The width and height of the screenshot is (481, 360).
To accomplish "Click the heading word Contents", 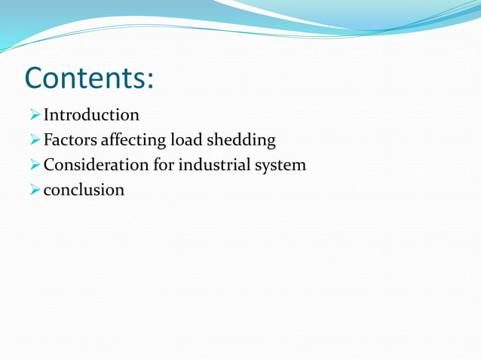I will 87,78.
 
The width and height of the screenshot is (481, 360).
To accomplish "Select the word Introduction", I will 91,115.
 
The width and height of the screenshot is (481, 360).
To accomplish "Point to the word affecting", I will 133,141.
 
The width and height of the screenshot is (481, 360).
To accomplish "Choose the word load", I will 186,140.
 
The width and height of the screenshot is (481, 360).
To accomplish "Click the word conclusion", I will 84,189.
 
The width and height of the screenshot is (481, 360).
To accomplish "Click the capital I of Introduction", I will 47,115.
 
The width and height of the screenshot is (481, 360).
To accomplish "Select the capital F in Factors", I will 48,140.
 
